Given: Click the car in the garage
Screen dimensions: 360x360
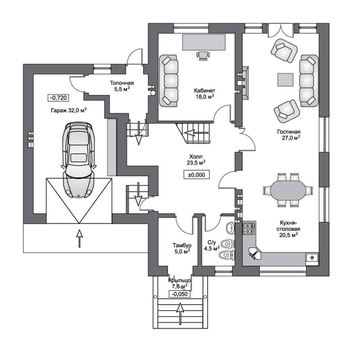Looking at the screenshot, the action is pyautogui.click(x=78, y=160).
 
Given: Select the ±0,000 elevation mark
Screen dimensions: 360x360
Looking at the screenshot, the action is pyautogui.click(x=197, y=175).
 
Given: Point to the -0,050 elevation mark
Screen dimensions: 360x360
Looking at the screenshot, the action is pyautogui.click(x=180, y=294).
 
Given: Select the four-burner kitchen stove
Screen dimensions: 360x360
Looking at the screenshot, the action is pyautogui.click(x=249, y=228).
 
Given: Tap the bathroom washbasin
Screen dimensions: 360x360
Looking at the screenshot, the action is pyautogui.click(x=230, y=228).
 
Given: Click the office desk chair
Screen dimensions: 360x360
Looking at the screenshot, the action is pyautogui.click(x=203, y=56).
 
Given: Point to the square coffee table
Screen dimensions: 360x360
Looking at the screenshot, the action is pyautogui.click(x=285, y=80).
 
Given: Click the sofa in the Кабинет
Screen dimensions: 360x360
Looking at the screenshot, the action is pyautogui.click(x=168, y=81).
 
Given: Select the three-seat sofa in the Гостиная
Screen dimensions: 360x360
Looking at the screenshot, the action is pyautogui.click(x=309, y=81).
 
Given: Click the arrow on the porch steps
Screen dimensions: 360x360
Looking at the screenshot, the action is pyautogui.click(x=180, y=314).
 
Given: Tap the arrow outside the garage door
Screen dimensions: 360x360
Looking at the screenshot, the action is pyautogui.click(x=79, y=238).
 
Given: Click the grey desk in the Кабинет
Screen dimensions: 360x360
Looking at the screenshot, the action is pyautogui.click(x=204, y=42).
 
